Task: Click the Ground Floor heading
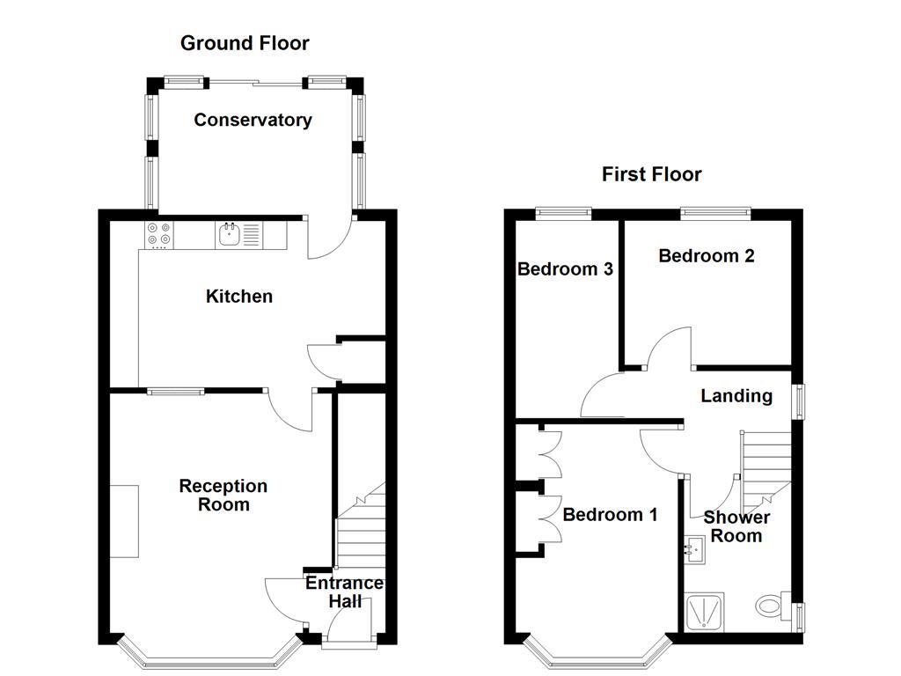click(245, 42)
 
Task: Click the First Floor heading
click(651, 174)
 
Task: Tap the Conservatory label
click(253, 120)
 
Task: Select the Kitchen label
click(239, 297)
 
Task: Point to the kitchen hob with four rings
click(159, 234)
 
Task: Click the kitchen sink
click(230, 234)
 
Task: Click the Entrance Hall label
click(344, 592)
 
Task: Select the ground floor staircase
click(361, 528)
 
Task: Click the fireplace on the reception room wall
click(124, 520)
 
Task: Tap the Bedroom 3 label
click(565, 269)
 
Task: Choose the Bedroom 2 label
click(707, 256)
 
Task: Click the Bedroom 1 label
click(610, 515)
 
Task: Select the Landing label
click(736, 396)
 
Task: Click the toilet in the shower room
click(772, 606)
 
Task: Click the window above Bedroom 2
click(715, 211)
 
